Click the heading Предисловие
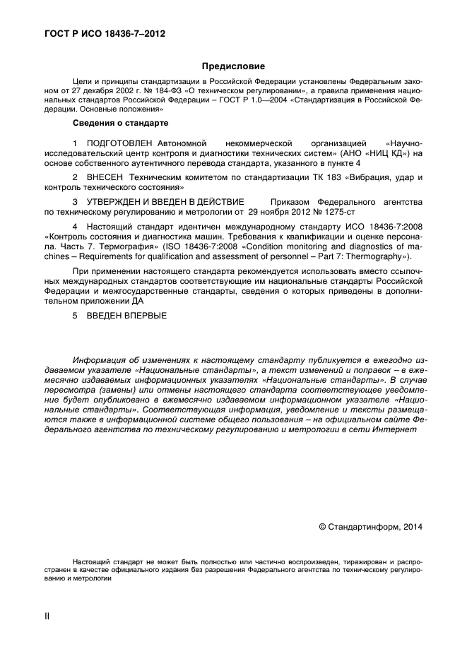click(233, 66)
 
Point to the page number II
click(47, 617)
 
